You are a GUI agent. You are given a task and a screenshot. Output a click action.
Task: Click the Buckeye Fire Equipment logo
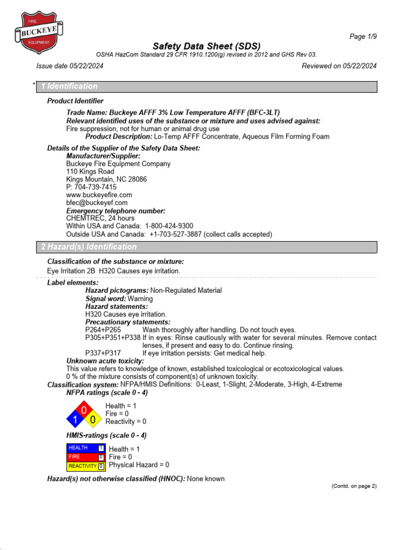tap(38, 33)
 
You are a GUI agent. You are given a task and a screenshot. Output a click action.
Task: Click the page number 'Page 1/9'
tap(363, 37)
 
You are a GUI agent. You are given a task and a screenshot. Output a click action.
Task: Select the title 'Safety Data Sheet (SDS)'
tap(207, 46)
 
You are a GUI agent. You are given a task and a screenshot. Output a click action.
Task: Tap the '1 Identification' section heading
tap(69, 86)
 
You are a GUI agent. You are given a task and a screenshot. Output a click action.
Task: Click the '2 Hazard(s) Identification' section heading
tap(89, 247)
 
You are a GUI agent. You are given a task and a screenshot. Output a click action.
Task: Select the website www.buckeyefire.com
tap(99, 195)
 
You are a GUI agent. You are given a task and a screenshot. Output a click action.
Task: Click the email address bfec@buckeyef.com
tap(97, 203)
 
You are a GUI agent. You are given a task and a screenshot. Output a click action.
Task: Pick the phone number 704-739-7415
tap(96, 187)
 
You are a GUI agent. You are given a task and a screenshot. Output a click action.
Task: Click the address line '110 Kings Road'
tap(90, 172)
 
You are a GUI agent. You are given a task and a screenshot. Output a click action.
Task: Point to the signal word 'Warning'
tap(140, 299)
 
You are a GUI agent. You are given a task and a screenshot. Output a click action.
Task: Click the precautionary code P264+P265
tap(103, 329)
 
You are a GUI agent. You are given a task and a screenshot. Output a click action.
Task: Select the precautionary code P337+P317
tap(103, 353)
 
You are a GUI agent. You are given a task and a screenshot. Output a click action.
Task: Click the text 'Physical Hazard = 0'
tap(139, 465)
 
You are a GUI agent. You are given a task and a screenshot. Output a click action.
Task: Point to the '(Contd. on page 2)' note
tap(353, 486)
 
